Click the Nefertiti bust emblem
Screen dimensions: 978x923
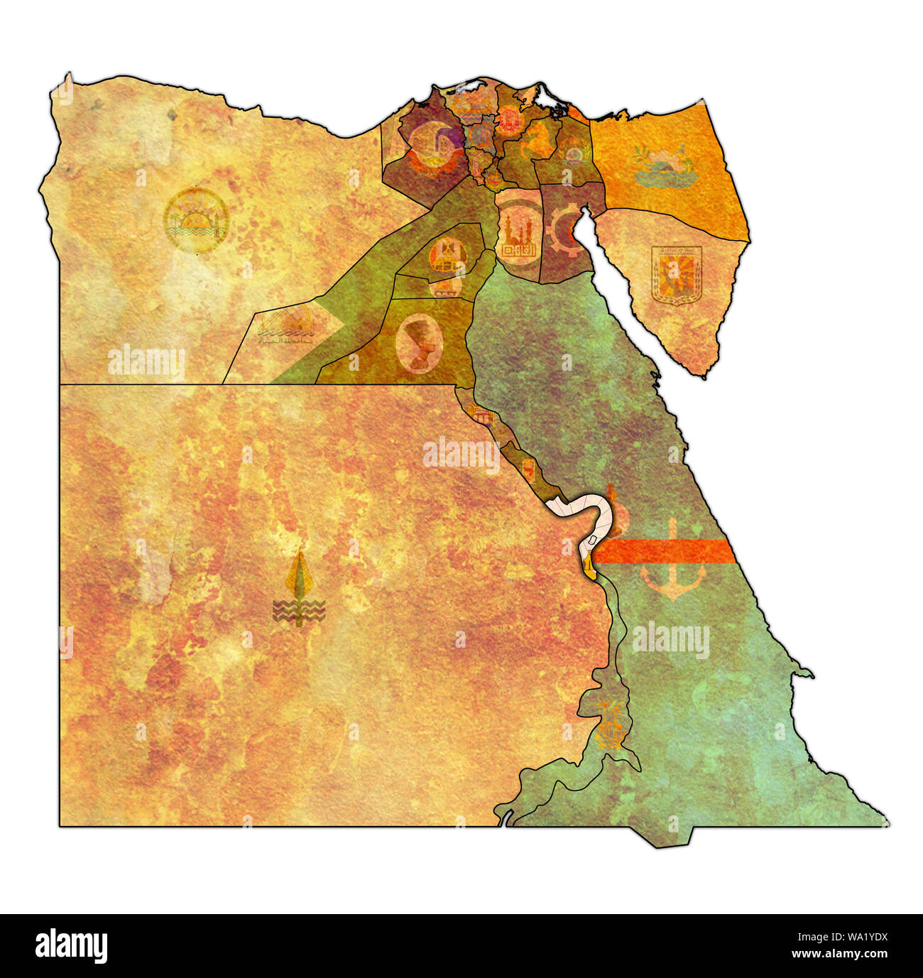(419, 344)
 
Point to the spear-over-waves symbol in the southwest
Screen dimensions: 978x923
(299, 589)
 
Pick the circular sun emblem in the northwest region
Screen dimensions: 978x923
(195, 221)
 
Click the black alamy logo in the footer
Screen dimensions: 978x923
(72, 946)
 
